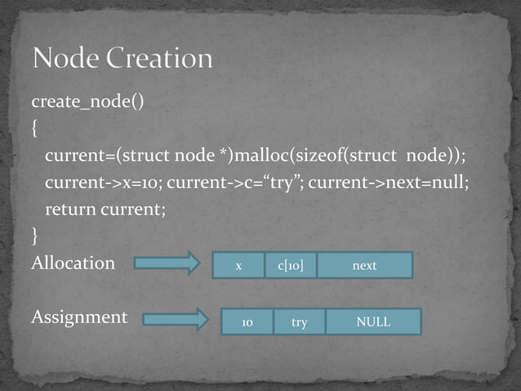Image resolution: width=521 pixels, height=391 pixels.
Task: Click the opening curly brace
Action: coord(35,129)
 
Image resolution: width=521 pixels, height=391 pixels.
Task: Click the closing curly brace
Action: coord(35,237)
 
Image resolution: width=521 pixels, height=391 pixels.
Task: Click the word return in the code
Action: coord(69,209)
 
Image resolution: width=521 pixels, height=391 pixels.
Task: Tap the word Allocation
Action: coord(73,263)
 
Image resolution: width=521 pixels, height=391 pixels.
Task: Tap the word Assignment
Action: coord(79,317)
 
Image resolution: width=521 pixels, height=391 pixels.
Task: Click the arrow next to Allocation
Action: coord(167,263)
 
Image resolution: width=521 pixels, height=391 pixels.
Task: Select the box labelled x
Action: coord(238,265)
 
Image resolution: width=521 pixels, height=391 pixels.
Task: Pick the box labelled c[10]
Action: coord(291,265)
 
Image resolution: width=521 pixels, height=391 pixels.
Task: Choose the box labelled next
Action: coord(364,265)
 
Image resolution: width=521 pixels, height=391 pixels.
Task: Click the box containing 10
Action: coord(247,322)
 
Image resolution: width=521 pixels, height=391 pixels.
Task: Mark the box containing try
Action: coord(300,322)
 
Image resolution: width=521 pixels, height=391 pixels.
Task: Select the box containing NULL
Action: coord(373,322)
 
